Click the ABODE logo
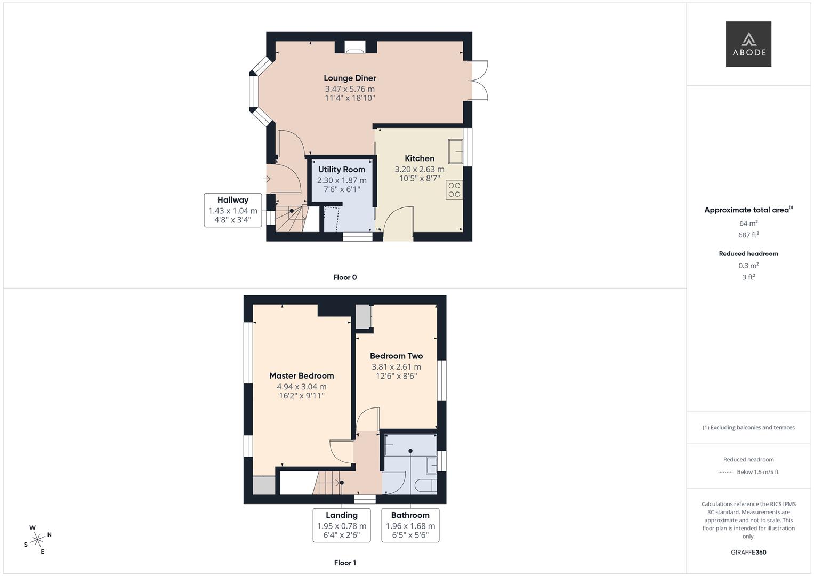(748, 44)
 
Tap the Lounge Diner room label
(350, 78)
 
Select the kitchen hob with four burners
(454, 190)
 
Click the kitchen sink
(455, 151)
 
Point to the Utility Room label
(342, 170)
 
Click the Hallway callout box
(233, 210)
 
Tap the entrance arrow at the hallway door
(267, 179)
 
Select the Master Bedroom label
(301, 375)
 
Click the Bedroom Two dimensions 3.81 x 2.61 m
(396, 367)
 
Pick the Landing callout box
(342, 525)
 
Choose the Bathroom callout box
(410, 525)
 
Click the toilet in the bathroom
(425, 486)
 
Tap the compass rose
(37, 540)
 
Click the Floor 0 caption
(345, 277)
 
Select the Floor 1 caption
(345, 563)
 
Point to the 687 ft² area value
(748, 235)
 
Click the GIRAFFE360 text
(748, 553)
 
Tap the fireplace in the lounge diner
(354, 47)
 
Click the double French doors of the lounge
(478, 81)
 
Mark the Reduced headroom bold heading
(748, 254)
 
